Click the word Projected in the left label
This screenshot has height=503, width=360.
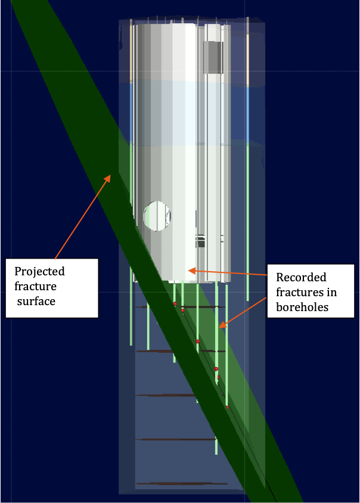pos(39,272)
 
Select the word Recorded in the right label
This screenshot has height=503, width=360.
pos(302,277)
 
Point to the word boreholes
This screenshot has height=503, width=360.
pos(303,308)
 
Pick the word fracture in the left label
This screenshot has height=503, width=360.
pos(36,287)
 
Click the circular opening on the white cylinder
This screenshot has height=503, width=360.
pos(157,216)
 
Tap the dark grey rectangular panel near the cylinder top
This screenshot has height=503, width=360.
pos(213,57)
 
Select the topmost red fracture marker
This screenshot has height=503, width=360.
pos(175,304)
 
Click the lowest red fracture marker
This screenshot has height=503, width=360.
pos(227,408)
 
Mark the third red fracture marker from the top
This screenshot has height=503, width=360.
pos(198,341)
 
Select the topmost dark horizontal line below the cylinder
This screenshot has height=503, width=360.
pos(179,307)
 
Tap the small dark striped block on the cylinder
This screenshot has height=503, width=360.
pos(201,241)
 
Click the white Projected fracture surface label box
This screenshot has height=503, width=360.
pos(51,287)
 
